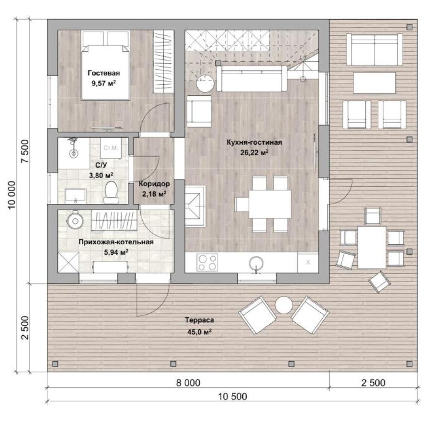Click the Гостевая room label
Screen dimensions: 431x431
tap(103, 73)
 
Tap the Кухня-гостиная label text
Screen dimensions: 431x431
tap(254, 142)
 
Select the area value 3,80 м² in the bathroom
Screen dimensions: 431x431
tap(101, 175)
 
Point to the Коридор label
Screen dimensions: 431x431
tap(154, 183)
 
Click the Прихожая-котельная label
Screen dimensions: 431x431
tap(116, 242)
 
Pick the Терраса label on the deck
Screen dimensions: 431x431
tap(199, 320)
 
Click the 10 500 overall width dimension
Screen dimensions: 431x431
tap(233, 397)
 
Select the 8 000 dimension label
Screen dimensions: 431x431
tap(188, 383)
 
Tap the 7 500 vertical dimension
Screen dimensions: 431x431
tap(25, 151)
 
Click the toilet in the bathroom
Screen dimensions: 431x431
tap(111, 192)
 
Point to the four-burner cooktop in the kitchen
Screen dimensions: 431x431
tap(207, 262)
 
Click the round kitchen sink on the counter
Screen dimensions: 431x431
tap(256, 263)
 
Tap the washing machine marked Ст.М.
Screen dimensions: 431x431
tap(111, 148)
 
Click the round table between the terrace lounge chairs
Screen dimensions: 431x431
tap(284, 305)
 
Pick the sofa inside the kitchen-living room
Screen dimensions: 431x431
tap(252, 79)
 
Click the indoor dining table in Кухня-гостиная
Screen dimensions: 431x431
tap(270, 204)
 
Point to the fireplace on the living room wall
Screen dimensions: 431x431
tap(195, 205)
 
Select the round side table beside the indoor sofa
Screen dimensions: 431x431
tap(205, 83)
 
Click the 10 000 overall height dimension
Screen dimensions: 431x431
tap(11, 195)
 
